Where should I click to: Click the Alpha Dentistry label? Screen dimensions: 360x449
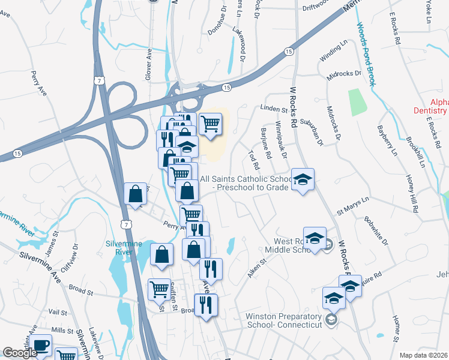point(430,106)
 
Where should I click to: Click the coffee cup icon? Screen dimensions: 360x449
point(41,347)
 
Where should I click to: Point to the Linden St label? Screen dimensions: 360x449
point(274,109)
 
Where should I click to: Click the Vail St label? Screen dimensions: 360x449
point(58,312)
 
